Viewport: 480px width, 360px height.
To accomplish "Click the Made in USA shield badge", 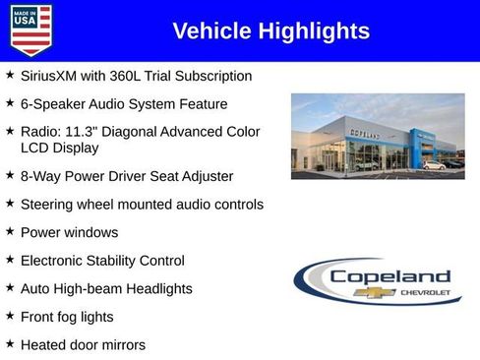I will (30, 30).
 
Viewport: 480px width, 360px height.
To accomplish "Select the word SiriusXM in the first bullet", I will (50, 76).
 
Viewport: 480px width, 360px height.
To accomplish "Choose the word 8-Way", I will (40, 176).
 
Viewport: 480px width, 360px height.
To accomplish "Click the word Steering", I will (49, 205).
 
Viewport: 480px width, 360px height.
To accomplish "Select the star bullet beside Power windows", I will (9, 232).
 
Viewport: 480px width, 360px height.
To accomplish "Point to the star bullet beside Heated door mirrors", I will (9, 344).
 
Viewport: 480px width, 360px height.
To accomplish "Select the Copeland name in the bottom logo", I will (390, 276).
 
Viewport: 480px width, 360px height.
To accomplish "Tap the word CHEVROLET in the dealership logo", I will (425, 293).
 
